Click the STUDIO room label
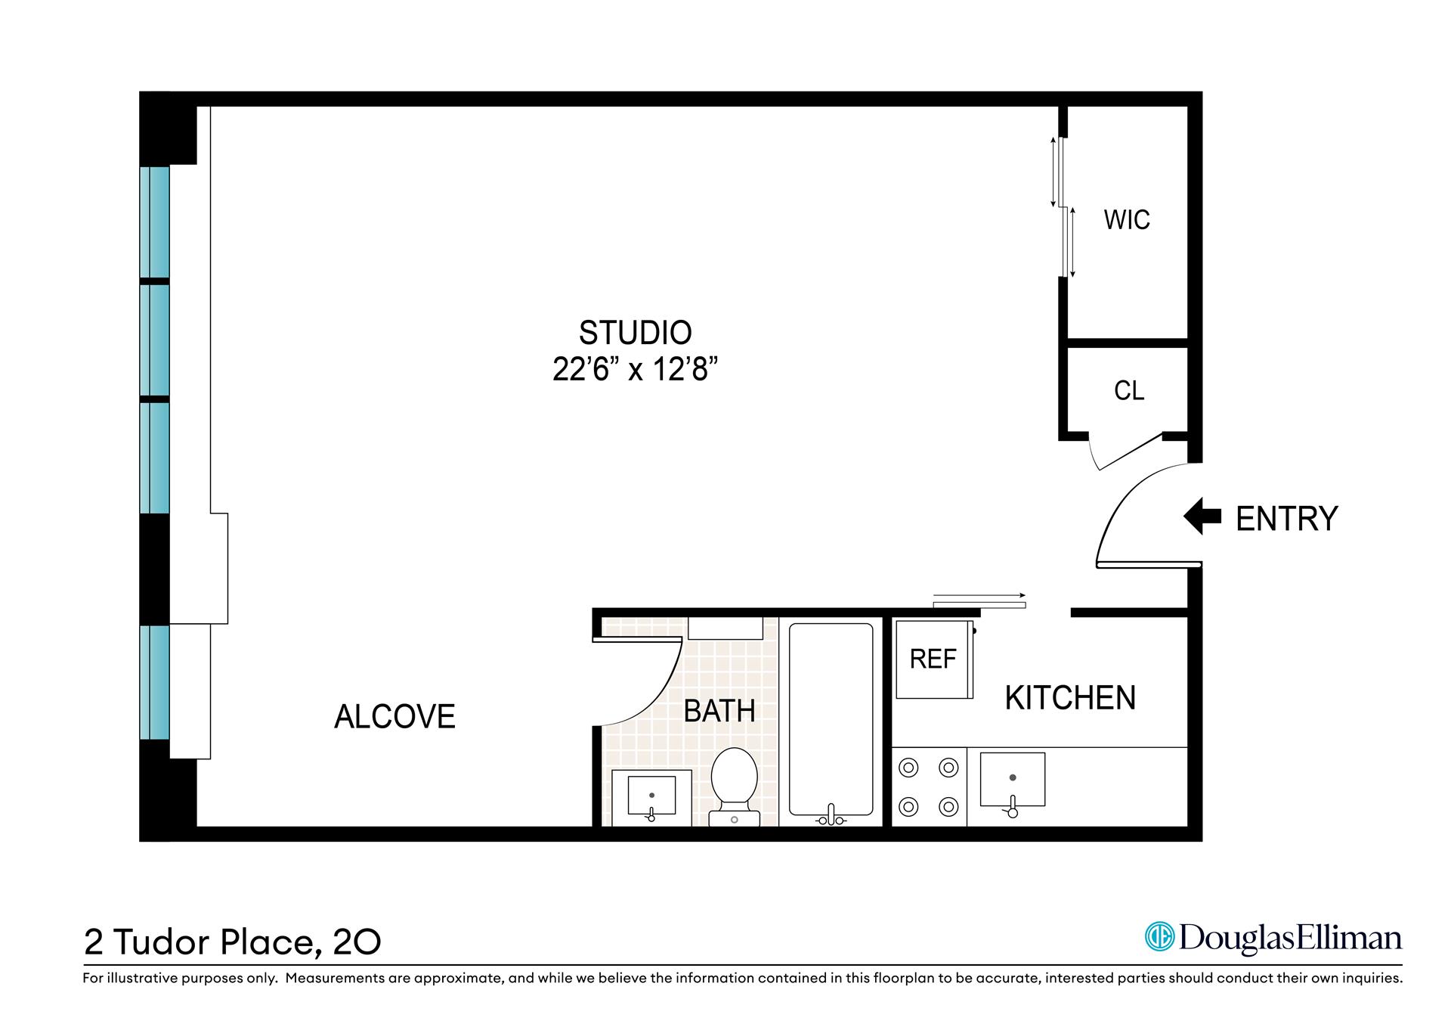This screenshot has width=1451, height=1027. click(x=635, y=333)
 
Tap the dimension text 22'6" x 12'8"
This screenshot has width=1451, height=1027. click(x=635, y=371)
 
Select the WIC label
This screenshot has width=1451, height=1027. click(x=1126, y=220)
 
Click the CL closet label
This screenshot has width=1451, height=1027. click(x=1129, y=390)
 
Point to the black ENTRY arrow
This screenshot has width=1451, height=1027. click(x=1202, y=517)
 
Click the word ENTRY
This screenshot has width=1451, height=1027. click(x=1286, y=519)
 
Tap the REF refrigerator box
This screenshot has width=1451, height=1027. click(x=933, y=659)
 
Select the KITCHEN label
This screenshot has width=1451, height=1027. click(x=1069, y=698)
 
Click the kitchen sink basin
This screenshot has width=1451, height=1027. click(x=1012, y=779)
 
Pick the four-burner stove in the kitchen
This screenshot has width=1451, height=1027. click(x=928, y=787)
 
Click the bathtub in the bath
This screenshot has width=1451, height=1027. click(x=831, y=718)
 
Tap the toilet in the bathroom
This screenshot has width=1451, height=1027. click(x=734, y=783)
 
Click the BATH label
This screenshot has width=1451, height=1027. click(x=719, y=712)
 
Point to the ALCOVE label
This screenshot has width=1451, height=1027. click(x=394, y=717)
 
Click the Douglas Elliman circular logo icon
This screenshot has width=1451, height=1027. click(x=1159, y=936)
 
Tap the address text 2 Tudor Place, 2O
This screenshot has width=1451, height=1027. click(x=232, y=942)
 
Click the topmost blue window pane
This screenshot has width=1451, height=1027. click(x=155, y=222)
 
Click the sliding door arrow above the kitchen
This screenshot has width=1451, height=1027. click(x=979, y=595)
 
